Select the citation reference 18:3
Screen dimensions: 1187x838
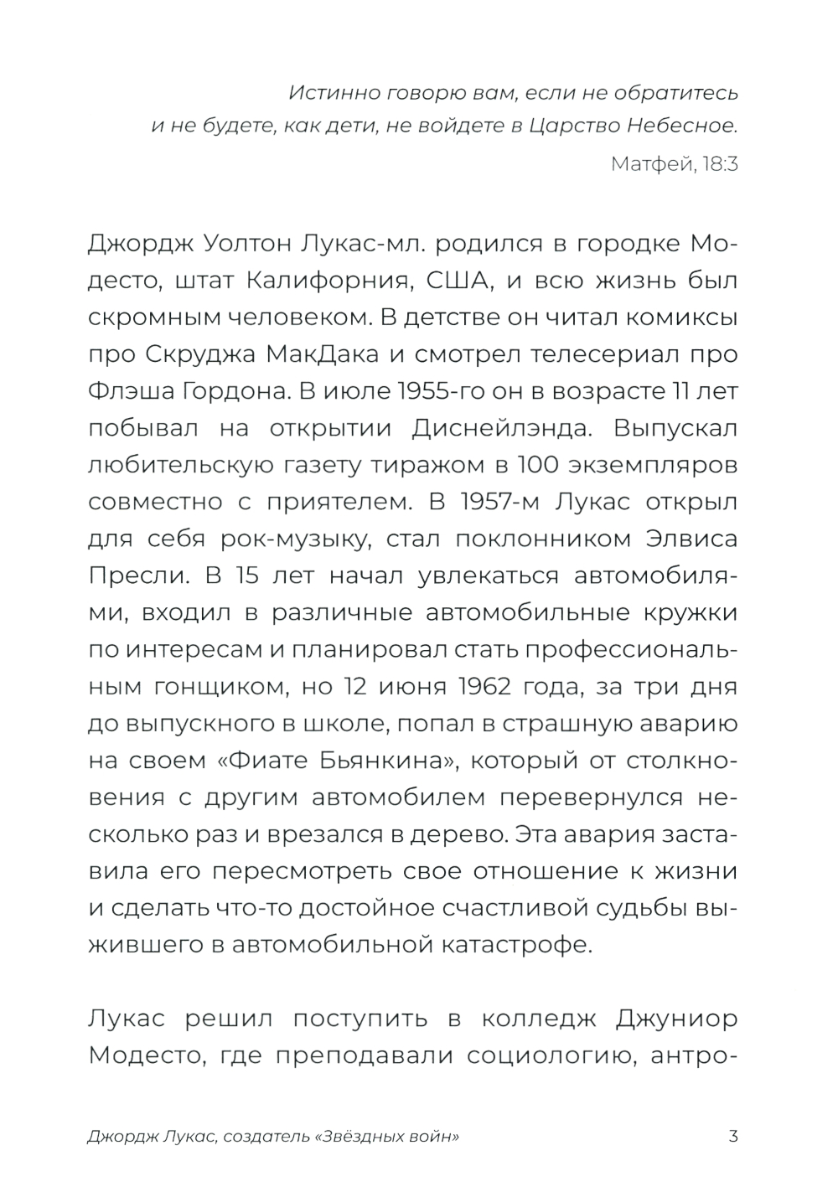click(x=720, y=163)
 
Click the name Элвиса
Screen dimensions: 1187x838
click(x=691, y=539)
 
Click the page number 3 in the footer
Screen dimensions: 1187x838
click(x=733, y=1137)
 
